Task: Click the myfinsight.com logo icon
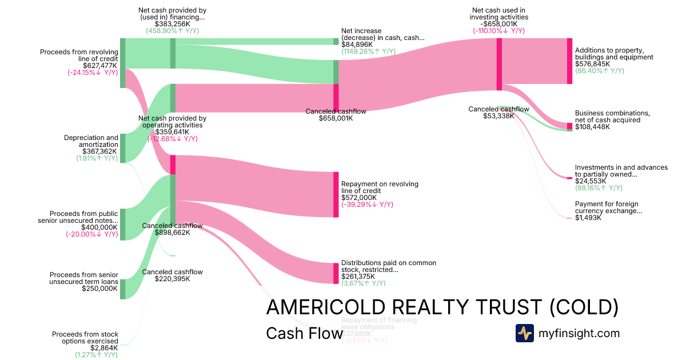524,333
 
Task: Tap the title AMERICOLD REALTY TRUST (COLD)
442,307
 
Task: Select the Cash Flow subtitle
304,334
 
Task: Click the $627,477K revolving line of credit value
100,65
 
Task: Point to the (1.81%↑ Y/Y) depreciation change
97,158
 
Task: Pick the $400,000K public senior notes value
99,227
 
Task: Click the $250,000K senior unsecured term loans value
100,289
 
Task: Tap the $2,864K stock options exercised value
104,347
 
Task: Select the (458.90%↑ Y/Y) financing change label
172,31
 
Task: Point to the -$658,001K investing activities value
499,24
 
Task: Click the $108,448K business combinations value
592,127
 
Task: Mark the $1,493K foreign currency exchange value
588,218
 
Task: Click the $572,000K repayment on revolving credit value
360,198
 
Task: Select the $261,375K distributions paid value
360,277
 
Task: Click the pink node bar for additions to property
569,61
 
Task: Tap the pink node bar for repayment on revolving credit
336,194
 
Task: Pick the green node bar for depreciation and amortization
122,149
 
